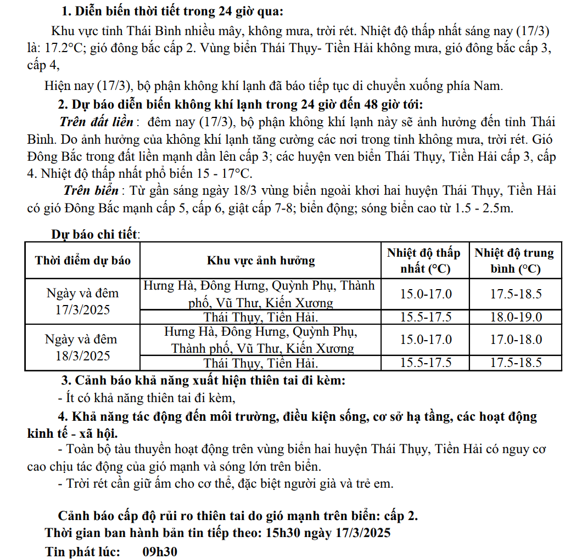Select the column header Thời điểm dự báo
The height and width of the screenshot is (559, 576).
(83, 260)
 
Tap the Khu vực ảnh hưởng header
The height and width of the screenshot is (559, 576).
(261, 260)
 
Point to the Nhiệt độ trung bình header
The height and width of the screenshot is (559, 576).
(515, 261)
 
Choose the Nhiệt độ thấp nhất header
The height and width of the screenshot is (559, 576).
(423, 261)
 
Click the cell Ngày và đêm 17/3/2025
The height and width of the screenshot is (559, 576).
(83, 301)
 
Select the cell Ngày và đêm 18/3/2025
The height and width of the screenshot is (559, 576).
(83, 347)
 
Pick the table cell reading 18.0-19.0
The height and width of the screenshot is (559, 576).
(516, 317)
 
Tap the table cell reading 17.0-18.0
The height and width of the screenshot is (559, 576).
(516, 339)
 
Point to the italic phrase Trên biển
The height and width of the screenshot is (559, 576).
(91, 191)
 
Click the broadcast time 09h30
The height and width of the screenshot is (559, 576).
(160, 551)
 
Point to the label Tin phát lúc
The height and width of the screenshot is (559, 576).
(82, 551)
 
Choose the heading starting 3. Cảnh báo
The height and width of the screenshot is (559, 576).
(203, 380)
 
